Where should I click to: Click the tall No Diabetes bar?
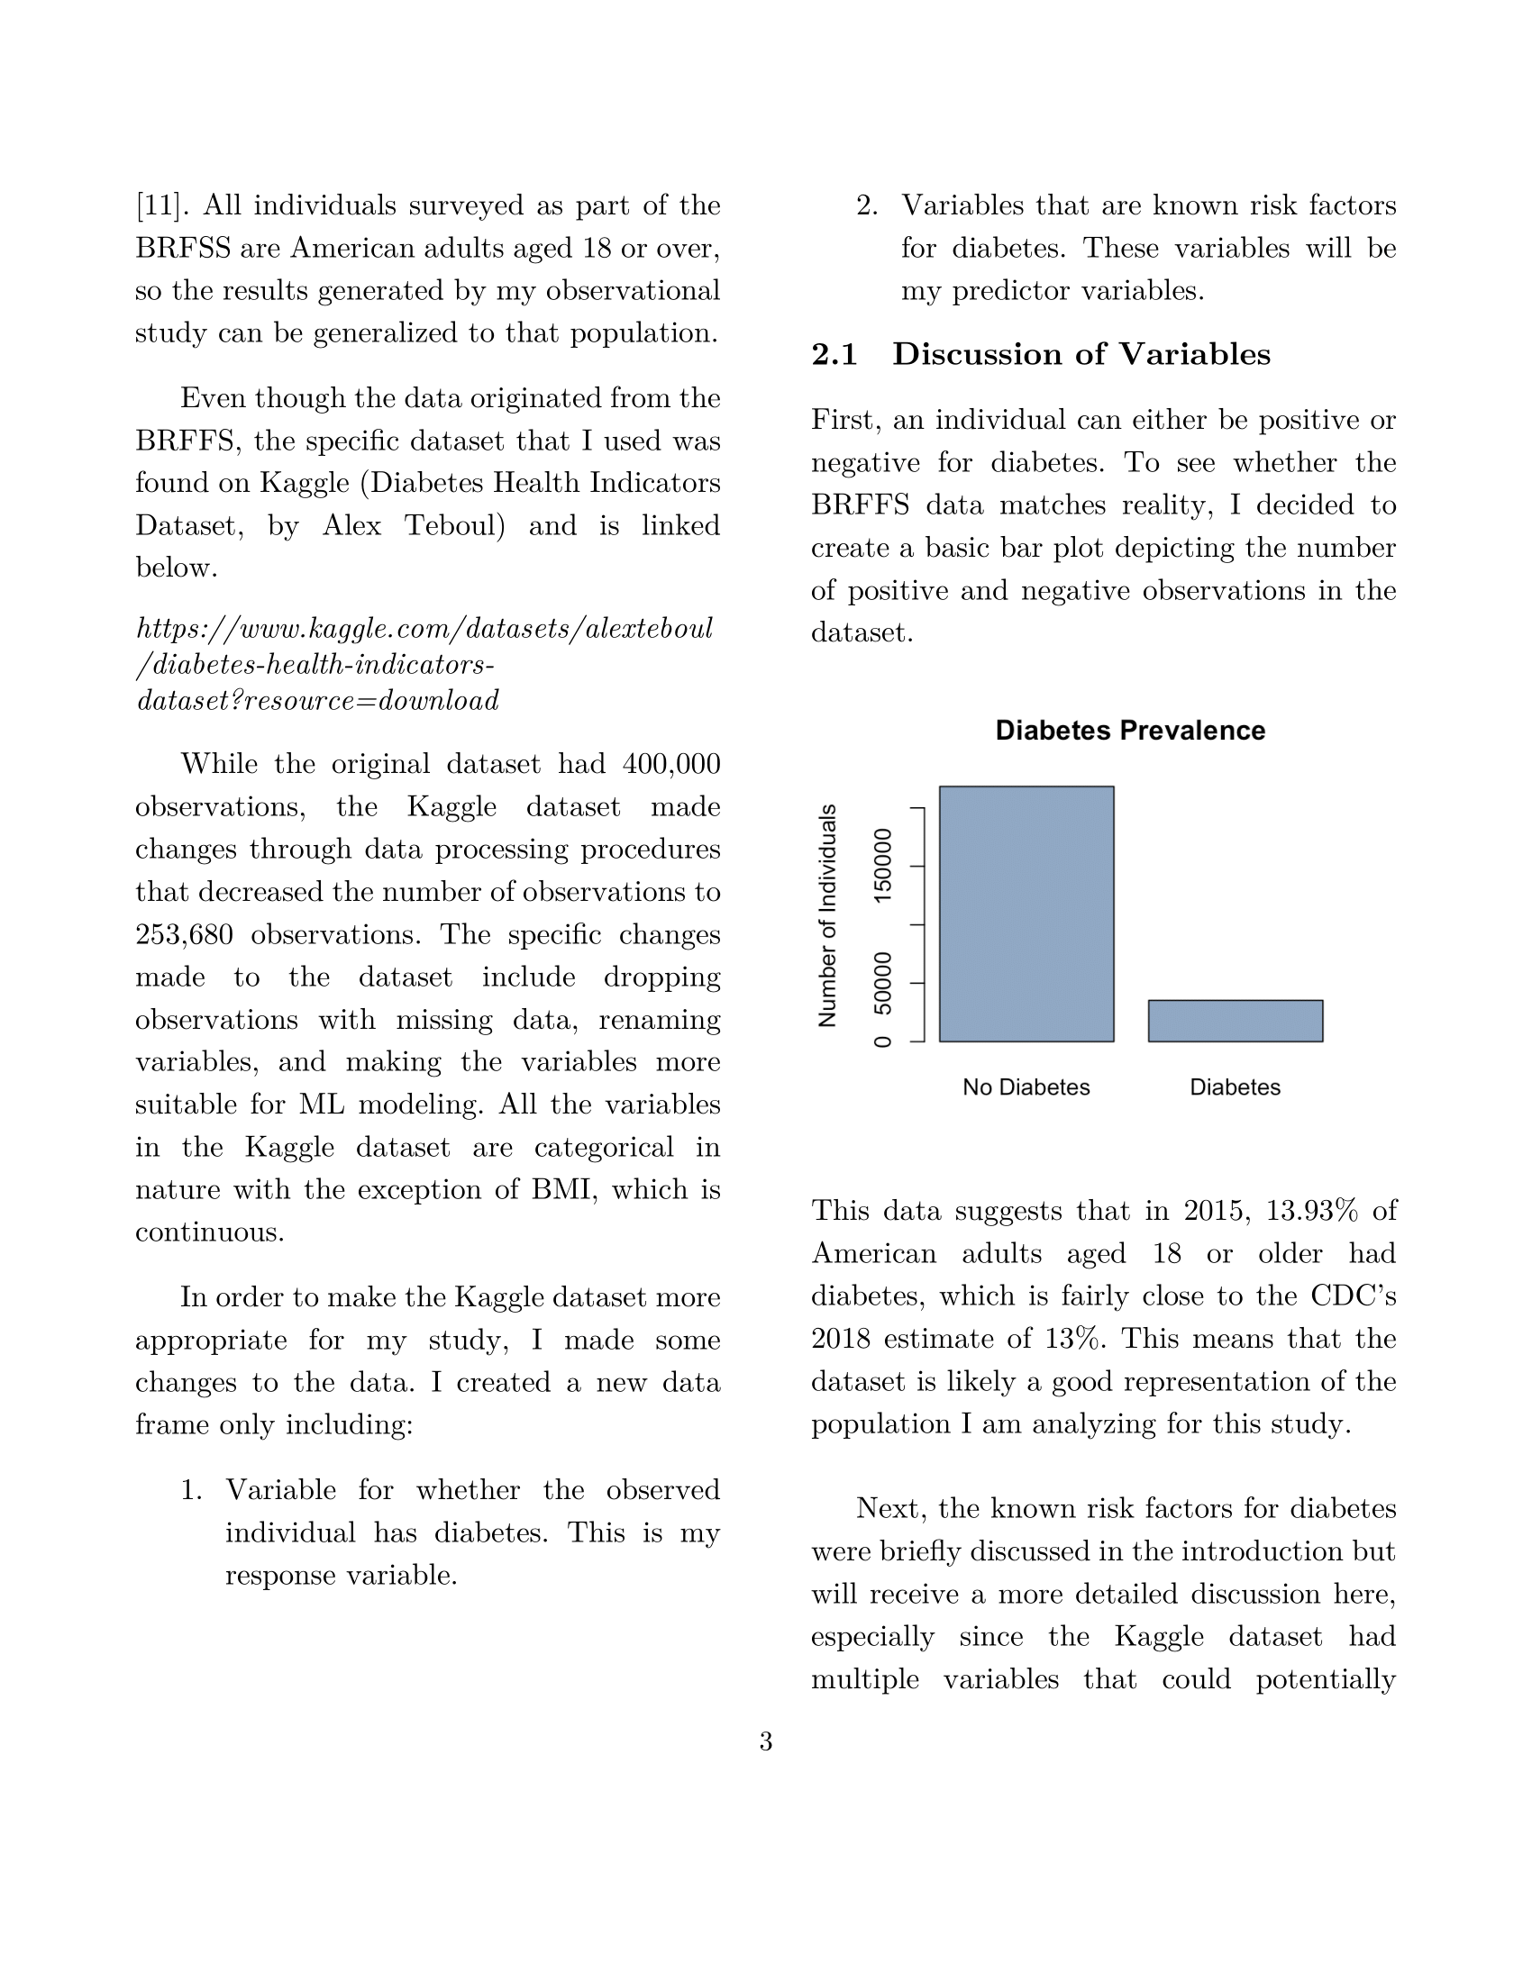point(1026,913)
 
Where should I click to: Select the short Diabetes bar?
point(1235,1020)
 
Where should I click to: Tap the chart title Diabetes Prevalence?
point(1129,731)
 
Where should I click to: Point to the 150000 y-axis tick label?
point(882,865)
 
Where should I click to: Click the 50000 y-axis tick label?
point(882,983)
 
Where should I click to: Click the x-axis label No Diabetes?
point(1026,1087)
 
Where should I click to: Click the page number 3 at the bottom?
point(766,1741)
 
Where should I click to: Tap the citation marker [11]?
point(162,205)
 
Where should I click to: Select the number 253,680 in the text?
point(184,934)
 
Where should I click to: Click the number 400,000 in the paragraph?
point(670,763)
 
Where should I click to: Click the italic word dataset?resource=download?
point(317,701)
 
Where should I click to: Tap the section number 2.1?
point(834,354)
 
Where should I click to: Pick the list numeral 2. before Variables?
point(867,205)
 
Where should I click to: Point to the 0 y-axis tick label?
point(882,1041)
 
